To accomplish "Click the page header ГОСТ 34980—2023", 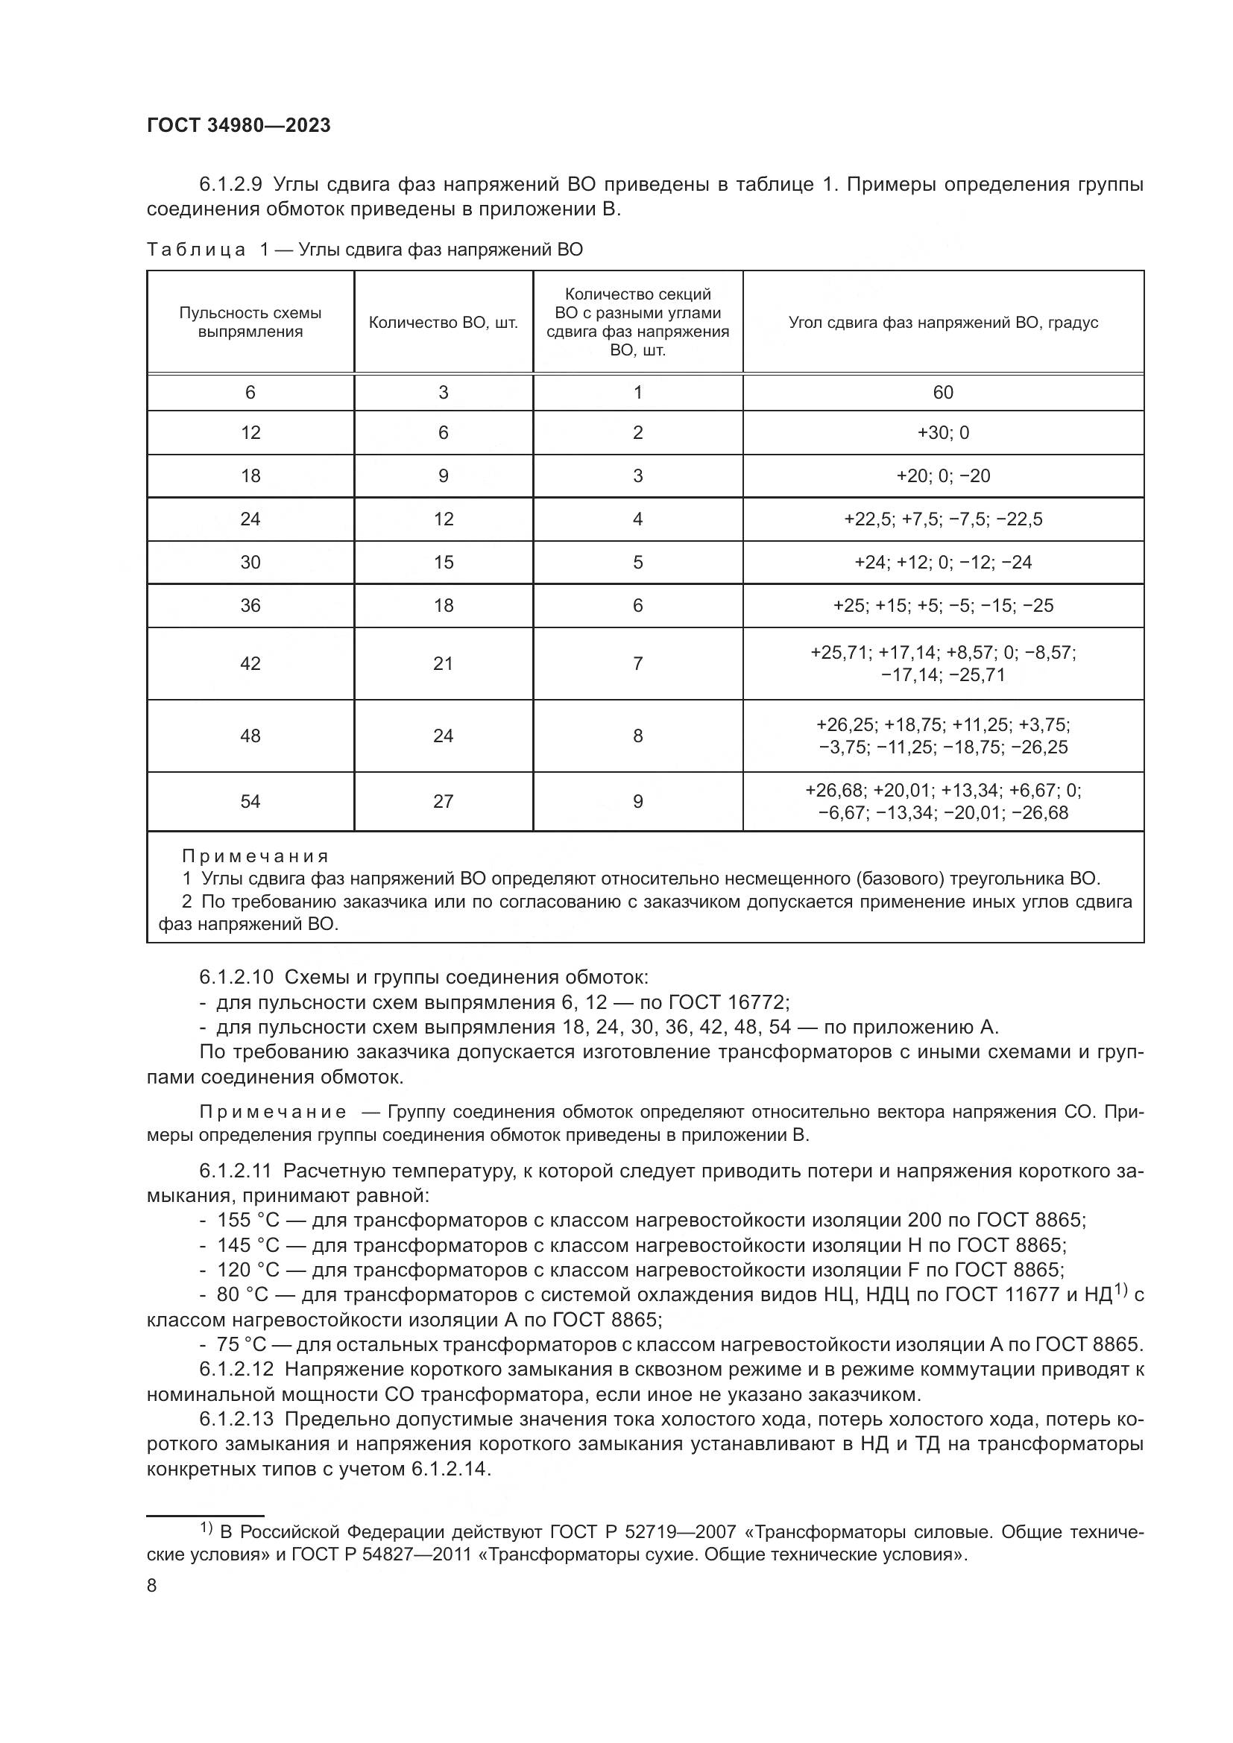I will click(239, 125).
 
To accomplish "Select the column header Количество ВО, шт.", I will click(444, 323).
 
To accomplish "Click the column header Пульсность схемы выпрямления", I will click(250, 323).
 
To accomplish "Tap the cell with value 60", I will click(942, 393).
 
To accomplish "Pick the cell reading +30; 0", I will click(942, 433).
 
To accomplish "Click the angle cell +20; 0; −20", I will click(942, 476).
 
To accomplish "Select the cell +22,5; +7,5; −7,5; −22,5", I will click(942, 519).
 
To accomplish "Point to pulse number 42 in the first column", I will click(250, 663).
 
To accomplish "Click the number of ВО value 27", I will click(444, 802).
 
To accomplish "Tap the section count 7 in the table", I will click(638, 663).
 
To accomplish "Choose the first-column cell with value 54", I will click(250, 802).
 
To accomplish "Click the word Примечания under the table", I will click(255, 856).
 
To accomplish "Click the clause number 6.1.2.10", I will click(237, 977).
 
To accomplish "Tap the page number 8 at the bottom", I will click(152, 1585).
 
